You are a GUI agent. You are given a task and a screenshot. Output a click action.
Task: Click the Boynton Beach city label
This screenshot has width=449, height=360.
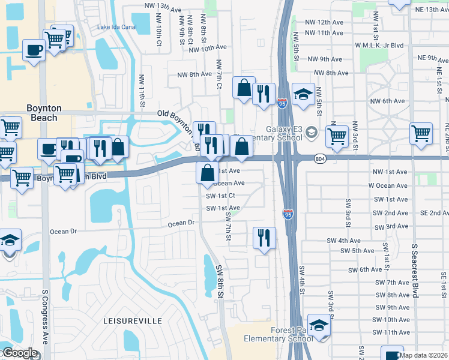44,113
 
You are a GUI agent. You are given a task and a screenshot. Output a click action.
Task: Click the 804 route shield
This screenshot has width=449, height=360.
319,158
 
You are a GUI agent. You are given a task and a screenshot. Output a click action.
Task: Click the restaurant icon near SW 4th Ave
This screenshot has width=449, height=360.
264,238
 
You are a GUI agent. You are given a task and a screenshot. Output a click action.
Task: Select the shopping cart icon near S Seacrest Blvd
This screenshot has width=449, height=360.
421,133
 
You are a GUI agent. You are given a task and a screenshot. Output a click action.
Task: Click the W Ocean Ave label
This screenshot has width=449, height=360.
388,185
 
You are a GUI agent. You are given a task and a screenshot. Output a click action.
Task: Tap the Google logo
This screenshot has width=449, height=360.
19,353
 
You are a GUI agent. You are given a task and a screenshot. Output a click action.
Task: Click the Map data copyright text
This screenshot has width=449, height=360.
423,355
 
